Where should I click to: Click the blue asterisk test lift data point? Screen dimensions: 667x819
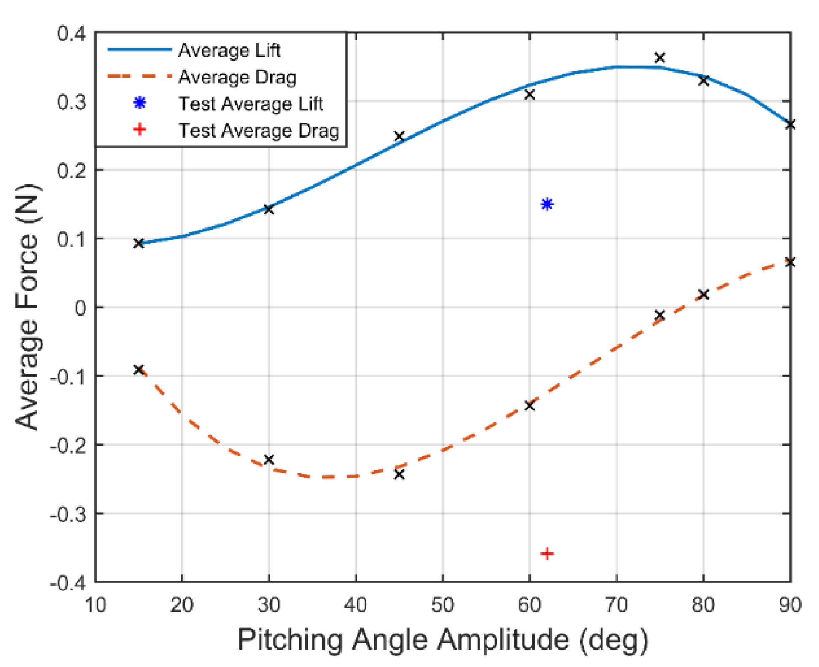pyautogui.click(x=547, y=204)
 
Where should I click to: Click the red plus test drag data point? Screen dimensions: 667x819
pyautogui.click(x=547, y=554)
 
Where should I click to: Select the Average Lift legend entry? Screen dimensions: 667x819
pyautogui.click(x=229, y=50)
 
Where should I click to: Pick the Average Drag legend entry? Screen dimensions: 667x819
pyautogui.click(x=237, y=77)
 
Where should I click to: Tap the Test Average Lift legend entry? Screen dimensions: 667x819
pyautogui.click(x=251, y=104)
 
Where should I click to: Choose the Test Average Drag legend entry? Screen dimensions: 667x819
pyautogui.click(x=258, y=131)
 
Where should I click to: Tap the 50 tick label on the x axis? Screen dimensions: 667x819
pyautogui.click(x=442, y=605)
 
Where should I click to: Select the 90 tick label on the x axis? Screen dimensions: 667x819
pyautogui.click(x=789, y=605)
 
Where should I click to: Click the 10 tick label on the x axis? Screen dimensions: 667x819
pyautogui.click(x=95, y=605)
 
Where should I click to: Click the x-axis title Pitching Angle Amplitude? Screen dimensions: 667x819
pyautogui.click(x=442, y=640)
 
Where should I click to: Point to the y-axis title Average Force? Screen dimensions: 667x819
pyautogui.click(x=27, y=307)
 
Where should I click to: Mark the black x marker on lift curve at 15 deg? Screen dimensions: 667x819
pyautogui.click(x=139, y=243)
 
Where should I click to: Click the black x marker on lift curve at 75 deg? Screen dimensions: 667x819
pyautogui.click(x=660, y=57)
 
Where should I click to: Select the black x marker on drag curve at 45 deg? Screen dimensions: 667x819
pyautogui.click(x=399, y=475)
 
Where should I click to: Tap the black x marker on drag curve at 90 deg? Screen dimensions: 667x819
pyautogui.click(x=790, y=262)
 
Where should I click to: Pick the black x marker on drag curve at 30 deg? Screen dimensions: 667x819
pyautogui.click(x=269, y=459)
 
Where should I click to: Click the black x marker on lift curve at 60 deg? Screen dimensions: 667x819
pyautogui.click(x=530, y=95)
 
